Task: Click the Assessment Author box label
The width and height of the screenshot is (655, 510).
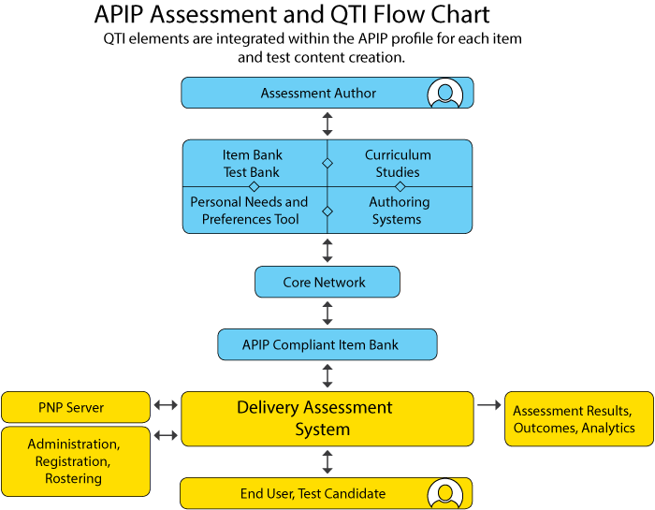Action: pyautogui.click(x=318, y=94)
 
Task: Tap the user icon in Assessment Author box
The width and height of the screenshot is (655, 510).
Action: pyautogui.click(x=444, y=94)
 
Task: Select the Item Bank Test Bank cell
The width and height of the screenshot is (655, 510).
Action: pyautogui.click(x=253, y=163)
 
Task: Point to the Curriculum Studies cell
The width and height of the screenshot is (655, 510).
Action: pyautogui.click(x=398, y=163)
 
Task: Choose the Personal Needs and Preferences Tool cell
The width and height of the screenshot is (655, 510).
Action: pyautogui.click(x=249, y=211)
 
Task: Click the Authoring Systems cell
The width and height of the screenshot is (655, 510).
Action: pyautogui.click(x=399, y=211)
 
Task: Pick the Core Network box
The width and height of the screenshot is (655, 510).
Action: pyautogui.click(x=327, y=282)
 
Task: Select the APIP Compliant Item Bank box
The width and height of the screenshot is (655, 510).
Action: pyautogui.click(x=327, y=344)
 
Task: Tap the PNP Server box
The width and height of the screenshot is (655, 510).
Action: pyautogui.click(x=75, y=407)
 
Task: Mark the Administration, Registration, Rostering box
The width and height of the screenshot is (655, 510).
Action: pyautogui.click(x=75, y=461)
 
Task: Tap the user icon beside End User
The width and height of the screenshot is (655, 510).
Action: pyautogui.click(x=444, y=493)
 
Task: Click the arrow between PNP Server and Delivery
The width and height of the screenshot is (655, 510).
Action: pyautogui.click(x=166, y=405)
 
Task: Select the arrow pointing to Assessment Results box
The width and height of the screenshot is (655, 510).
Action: pyautogui.click(x=489, y=405)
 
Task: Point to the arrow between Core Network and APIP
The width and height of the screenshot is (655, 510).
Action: pyautogui.click(x=327, y=313)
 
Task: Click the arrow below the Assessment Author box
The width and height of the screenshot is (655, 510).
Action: pyautogui.click(x=327, y=124)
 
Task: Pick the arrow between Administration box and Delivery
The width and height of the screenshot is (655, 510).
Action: pyautogui.click(x=166, y=435)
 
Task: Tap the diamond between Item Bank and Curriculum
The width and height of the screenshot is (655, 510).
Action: pyautogui.click(x=327, y=163)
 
